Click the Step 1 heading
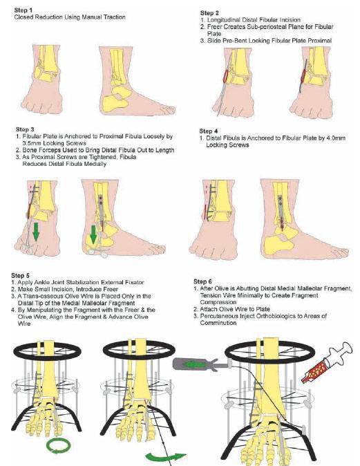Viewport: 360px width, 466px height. (x=23, y=10)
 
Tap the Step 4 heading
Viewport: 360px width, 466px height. (x=209, y=131)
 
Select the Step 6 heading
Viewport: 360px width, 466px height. (x=202, y=281)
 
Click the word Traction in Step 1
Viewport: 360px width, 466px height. (x=114, y=17)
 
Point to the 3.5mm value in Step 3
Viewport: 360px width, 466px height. (x=32, y=143)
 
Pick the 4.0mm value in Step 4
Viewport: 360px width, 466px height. (x=336, y=138)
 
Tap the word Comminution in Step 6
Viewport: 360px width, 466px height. (x=218, y=323)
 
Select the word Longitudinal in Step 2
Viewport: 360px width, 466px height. (x=224, y=20)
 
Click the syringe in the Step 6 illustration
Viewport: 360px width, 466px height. (x=328, y=362)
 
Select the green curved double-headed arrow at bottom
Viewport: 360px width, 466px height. (x=165, y=457)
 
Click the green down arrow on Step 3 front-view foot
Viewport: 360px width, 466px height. (x=36, y=231)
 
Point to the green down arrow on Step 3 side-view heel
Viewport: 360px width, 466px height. (x=93, y=234)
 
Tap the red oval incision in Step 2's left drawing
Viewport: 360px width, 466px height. (x=227, y=76)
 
